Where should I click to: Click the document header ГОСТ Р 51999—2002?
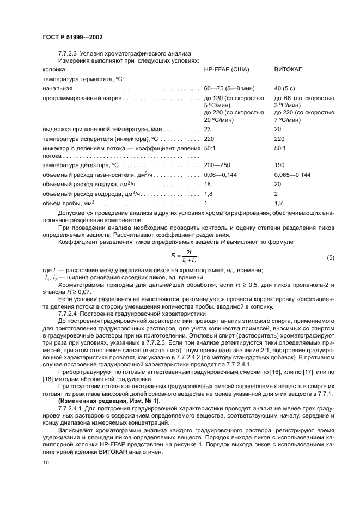pos(72,37)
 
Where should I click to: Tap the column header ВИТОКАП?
pos(288,70)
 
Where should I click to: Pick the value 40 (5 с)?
pos(285,88)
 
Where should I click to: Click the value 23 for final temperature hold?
pos(207,129)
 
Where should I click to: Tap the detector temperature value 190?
pos(280,165)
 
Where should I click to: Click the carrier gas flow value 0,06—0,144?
pos(221,175)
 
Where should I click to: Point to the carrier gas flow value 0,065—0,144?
pos(292,175)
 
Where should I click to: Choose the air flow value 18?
pos(207,184)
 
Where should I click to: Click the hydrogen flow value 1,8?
pos(208,193)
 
